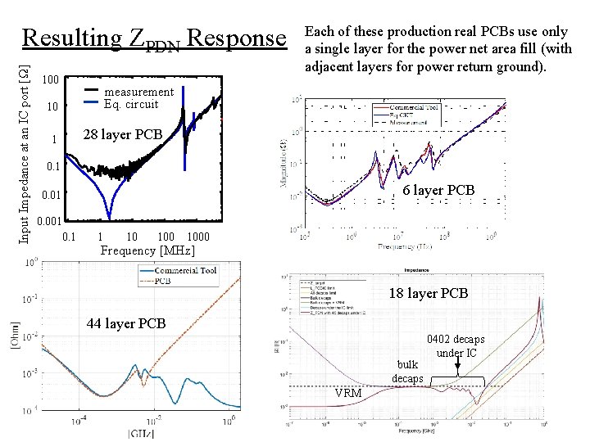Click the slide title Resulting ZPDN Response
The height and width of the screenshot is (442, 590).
point(152,38)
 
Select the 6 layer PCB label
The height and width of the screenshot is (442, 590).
point(438,190)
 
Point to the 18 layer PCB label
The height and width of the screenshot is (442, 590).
point(428,293)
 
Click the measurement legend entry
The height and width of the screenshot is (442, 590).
point(138,92)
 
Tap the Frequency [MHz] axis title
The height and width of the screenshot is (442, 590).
point(147,250)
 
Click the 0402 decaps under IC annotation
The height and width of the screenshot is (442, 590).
point(455,345)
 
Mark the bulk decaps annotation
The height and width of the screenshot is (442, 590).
point(407,371)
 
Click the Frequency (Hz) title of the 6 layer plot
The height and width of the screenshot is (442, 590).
point(406,246)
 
